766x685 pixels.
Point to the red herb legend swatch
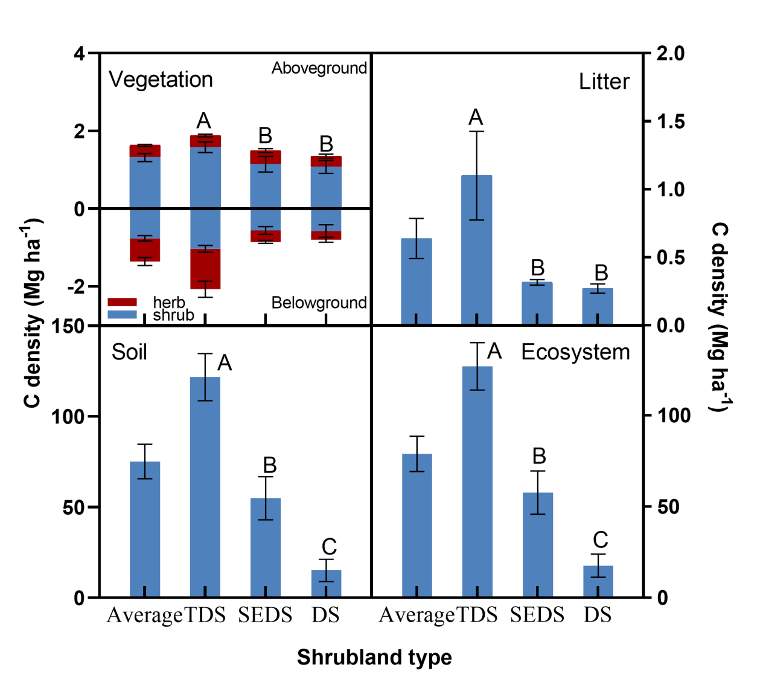(x=122, y=302)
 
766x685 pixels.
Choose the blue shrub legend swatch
(x=122, y=315)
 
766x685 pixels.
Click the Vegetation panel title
(x=161, y=80)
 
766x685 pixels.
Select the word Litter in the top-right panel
(x=604, y=82)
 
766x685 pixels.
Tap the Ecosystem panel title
(x=575, y=352)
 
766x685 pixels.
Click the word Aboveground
(x=319, y=68)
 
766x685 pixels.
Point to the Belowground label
(x=319, y=303)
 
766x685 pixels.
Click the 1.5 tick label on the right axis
(x=671, y=121)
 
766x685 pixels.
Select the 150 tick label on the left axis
(x=68, y=326)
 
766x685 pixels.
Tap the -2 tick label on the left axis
(x=76, y=287)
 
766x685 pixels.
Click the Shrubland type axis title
(x=374, y=657)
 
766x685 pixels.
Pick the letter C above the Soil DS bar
(x=329, y=547)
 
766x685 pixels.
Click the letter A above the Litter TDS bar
(x=476, y=117)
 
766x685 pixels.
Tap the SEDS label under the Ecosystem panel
(x=537, y=615)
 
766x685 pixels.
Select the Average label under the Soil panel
(x=144, y=615)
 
